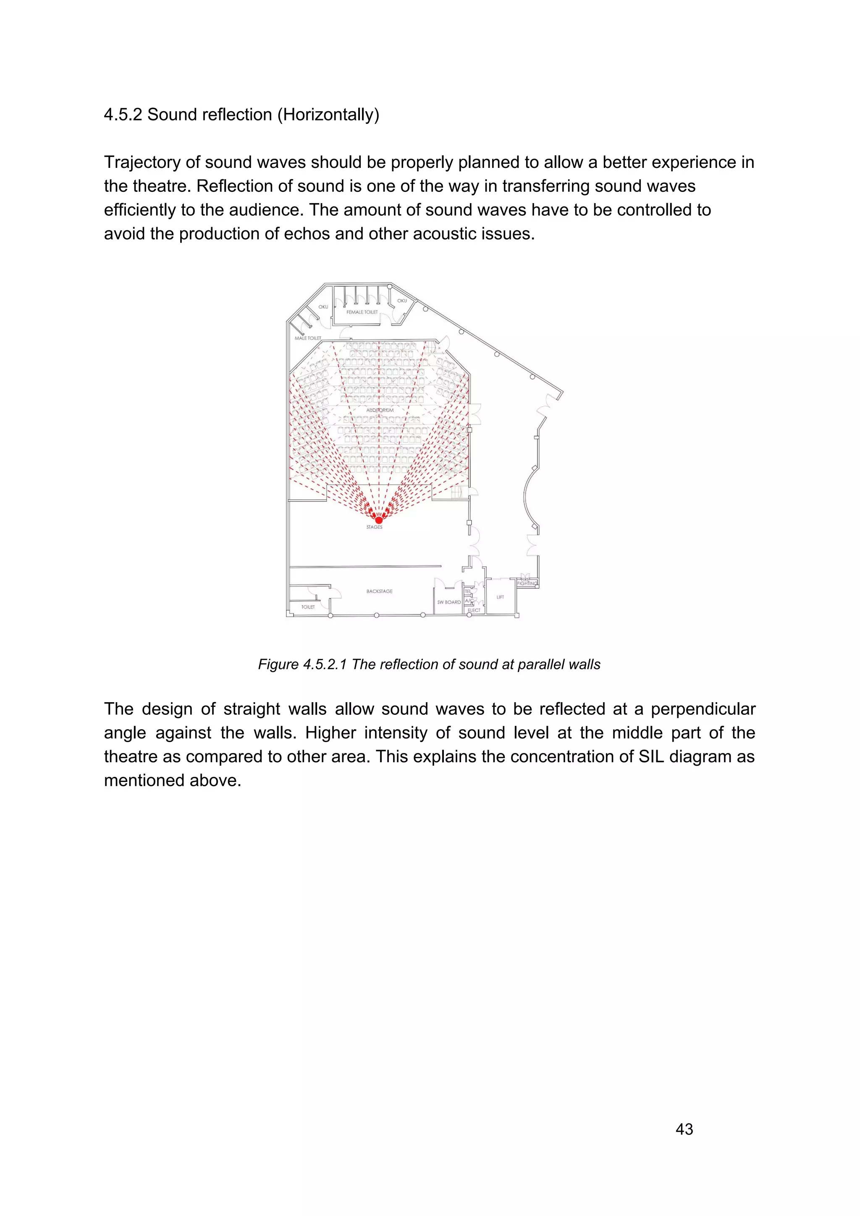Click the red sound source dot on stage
pyautogui.click(x=378, y=520)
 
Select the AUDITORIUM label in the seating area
pyautogui.click(x=380, y=411)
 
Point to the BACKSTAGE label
pyautogui.click(x=379, y=591)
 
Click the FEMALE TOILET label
pyautogui.click(x=362, y=312)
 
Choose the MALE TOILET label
pyautogui.click(x=308, y=338)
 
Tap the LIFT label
pyautogui.click(x=500, y=597)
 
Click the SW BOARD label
pyautogui.click(x=449, y=602)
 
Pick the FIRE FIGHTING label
pyautogui.click(x=527, y=581)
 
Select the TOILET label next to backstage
pyautogui.click(x=308, y=607)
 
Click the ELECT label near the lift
pyautogui.click(x=474, y=610)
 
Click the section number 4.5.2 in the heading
pyautogui.click(x=123, y=115)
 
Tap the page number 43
pyautogui.click(x=684, y=1129)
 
